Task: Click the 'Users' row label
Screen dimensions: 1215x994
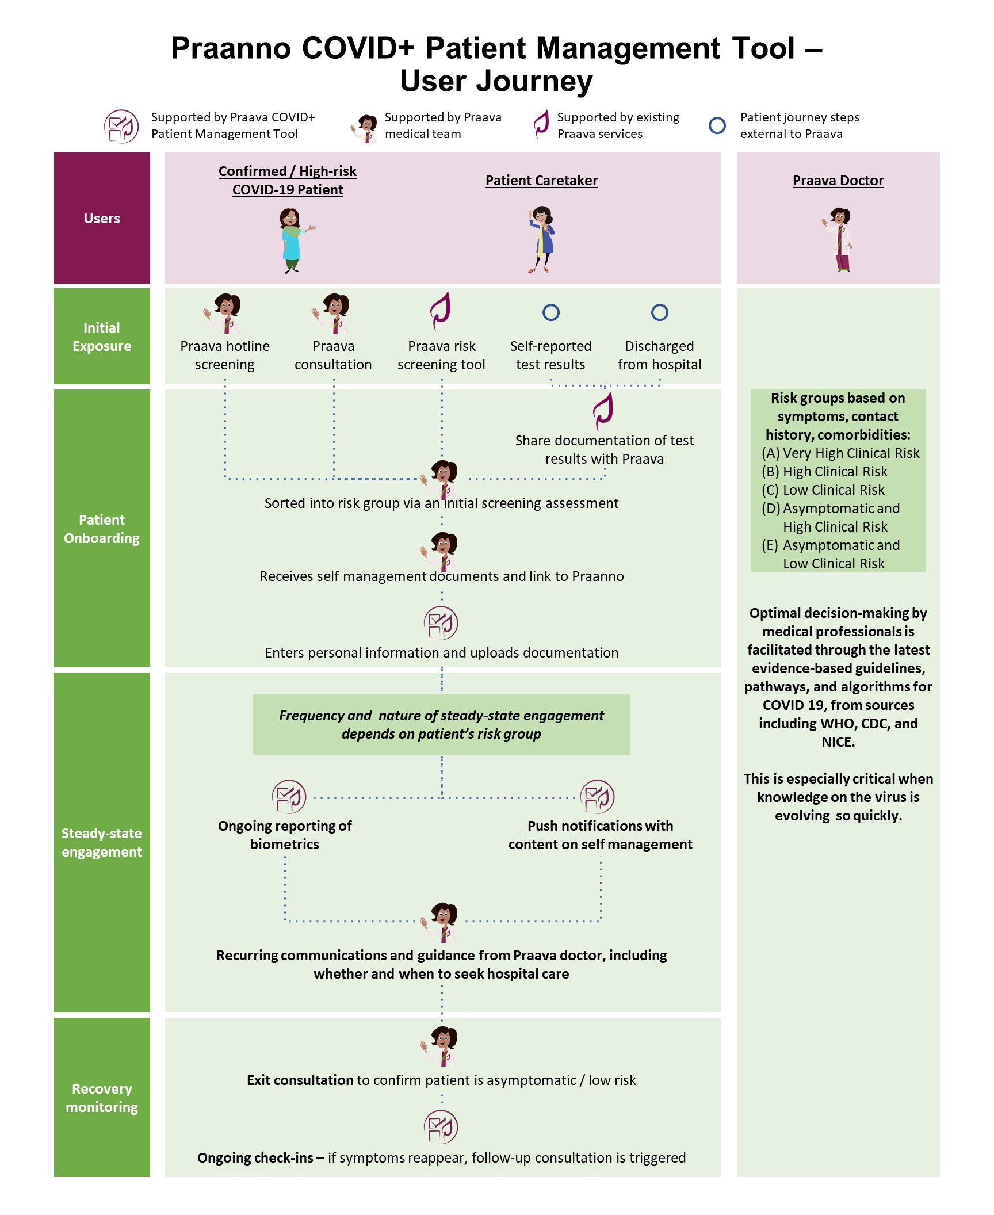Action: point(102,219)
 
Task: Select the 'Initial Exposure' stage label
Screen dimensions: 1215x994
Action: point(102,337)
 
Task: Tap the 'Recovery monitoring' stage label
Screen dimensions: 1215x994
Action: point(102,1098)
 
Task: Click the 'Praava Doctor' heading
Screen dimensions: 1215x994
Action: point(838,181)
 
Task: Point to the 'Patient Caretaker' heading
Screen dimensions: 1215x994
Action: point(541,181)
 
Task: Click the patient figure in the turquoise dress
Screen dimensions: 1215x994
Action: point(292,240)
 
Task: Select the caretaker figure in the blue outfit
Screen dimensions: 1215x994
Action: point(541,239)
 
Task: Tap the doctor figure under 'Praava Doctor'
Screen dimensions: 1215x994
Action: point(839,239)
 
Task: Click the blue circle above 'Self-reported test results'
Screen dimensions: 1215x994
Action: point(550,312)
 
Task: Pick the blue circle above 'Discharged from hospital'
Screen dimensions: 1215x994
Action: point(659,312)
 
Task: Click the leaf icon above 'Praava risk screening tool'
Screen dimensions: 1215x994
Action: point(441,311)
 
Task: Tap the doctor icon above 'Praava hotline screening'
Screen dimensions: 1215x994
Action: point(225,313)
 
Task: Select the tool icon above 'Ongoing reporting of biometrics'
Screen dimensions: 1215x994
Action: point(289,797)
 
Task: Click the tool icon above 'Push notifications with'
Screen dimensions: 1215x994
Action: point(598,797)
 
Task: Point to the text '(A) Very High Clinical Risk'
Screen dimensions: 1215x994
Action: point(840,453)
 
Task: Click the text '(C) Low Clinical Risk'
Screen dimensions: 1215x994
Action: point(823,490)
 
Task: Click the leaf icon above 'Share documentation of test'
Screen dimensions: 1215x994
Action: point(604,411)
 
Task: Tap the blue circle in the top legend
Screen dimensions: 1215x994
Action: point(717,125)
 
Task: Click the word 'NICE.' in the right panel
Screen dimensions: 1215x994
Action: point(838,742)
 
